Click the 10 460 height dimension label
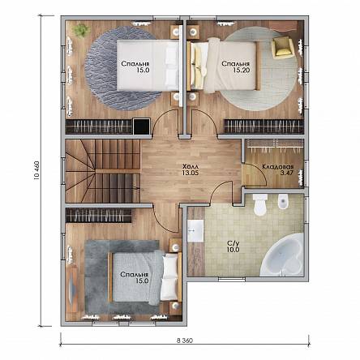(x=36, y=170)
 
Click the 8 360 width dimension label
(x=185, y=341)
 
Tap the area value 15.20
(x=241, y=70)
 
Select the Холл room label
(x=191, y=166)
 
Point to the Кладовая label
(x=278, y=167)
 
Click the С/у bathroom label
(x=233, y=243)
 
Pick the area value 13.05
(x=191, y=173)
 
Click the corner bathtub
(x=282, y=255)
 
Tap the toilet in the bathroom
(x=260, y=204)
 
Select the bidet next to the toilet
(x=283, y=201)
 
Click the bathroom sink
(x=195, y=231)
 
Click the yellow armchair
(x=282, y=48)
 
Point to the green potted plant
(x=82, y=30)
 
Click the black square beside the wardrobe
(x=142, y=126)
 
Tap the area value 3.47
(x=287, y=174)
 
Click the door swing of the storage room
(x=257, y=174)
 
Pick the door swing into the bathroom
(x=221, y=191)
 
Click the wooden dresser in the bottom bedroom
(x=72, y=289)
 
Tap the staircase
(x=102, y=171)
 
